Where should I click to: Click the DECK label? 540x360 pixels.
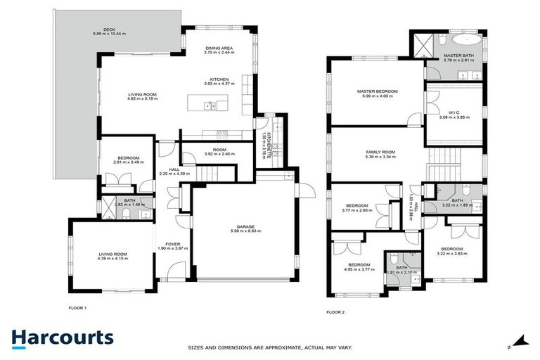109,30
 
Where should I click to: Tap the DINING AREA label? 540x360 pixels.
219,47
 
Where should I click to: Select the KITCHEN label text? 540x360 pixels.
219,79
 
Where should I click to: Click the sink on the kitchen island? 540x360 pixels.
210,106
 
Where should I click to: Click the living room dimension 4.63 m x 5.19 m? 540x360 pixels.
143,99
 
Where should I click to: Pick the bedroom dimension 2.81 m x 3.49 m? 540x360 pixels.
129,162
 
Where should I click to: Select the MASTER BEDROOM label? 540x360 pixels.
377,91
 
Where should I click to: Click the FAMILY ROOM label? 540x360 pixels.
380,152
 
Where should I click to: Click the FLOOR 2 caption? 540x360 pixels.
337,311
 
